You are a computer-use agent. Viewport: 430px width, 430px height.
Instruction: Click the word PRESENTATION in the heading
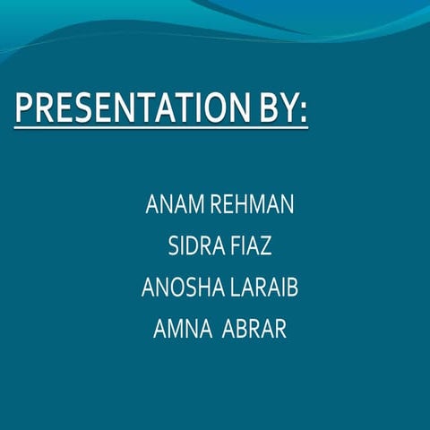pyautogui.click(x=125, y=108)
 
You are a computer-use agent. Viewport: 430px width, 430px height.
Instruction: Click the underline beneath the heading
pyautogui.click(x=161, y=128)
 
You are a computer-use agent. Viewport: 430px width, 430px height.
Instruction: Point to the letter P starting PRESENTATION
pyautogui.click(x=24, y=108)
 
